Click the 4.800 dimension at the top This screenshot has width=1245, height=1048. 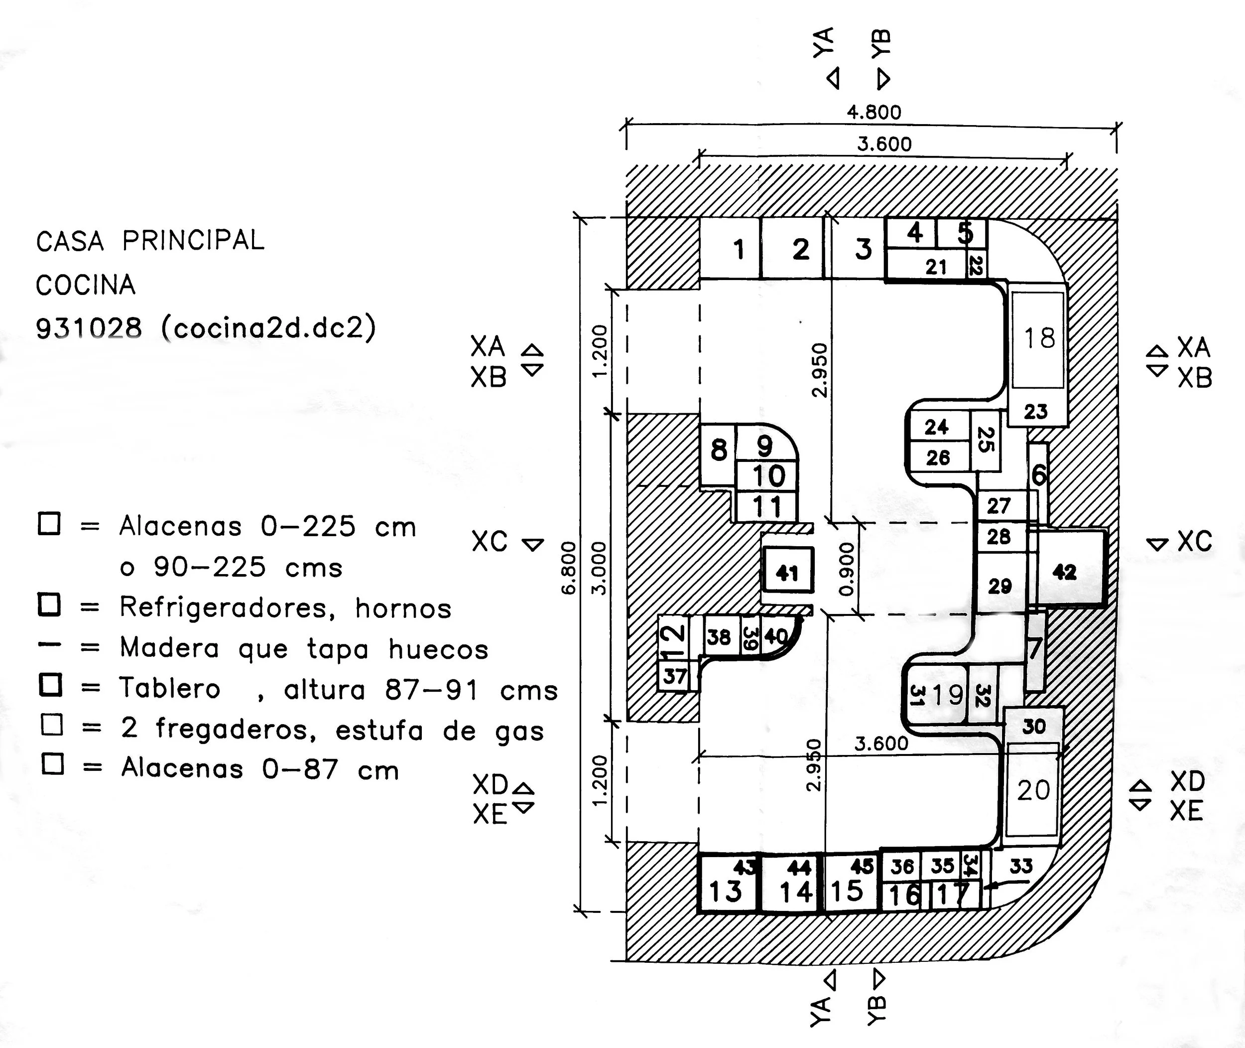point(873,112)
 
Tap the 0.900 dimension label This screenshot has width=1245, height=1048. point(847,569)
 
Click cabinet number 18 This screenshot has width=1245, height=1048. point(1039,339)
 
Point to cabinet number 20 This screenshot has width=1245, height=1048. point(1033,791)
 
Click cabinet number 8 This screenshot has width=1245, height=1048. point(719,450)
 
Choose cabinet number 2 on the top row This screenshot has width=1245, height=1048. point(800,249)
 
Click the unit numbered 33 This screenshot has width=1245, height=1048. point(1020,866)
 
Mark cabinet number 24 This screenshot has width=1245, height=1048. point(936,427)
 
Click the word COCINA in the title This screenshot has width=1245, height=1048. point(86,285)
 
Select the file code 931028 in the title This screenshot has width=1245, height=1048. point(89,328)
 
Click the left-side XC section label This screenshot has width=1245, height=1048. point(490,542)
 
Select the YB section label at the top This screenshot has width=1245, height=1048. point(881,44)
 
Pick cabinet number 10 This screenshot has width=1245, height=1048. point(768,476)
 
